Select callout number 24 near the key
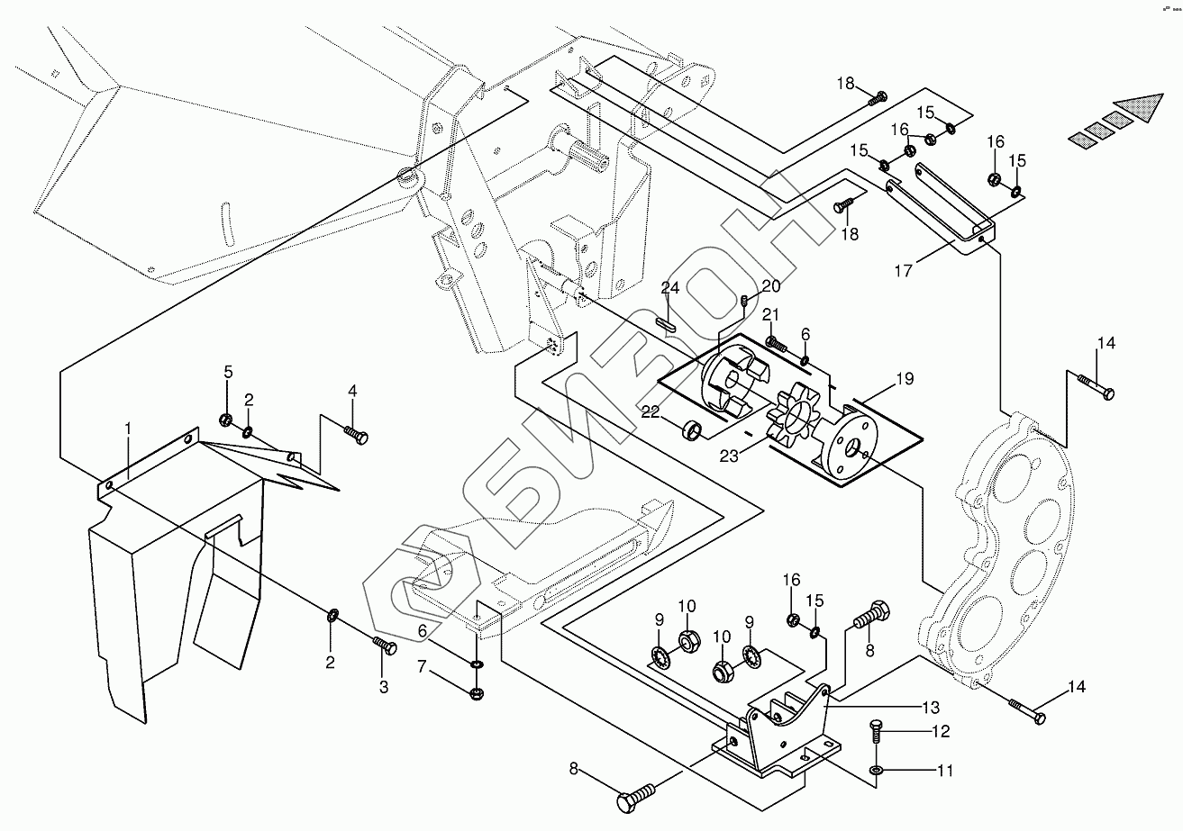[x=669, y=288]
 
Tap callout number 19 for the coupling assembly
[x=904, y=379]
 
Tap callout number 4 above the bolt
[x=352, y=391]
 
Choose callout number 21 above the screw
[x=769, y=313]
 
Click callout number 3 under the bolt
[x=384, y=687]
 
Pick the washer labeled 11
[x=877, y=772]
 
